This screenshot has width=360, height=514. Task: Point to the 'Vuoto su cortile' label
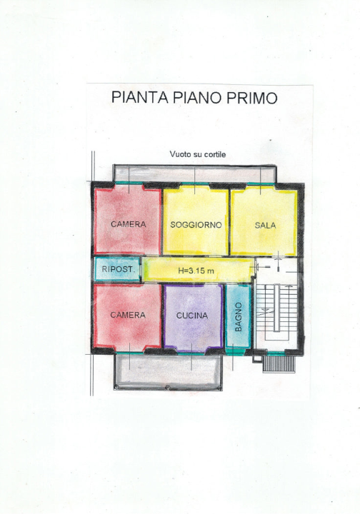click(198, 153)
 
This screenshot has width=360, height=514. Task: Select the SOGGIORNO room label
click(196, 224)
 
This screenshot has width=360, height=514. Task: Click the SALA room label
click(265, 224)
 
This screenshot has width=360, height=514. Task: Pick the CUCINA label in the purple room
click(192, 315)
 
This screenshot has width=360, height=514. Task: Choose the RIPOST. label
click(116, 269)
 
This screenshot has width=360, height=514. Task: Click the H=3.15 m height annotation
click(197, 270)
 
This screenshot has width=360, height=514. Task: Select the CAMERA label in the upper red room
click(128, 224)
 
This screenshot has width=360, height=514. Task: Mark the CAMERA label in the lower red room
click(128, 315)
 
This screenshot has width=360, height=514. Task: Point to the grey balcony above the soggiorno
click(193, 173)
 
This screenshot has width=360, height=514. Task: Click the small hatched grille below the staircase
click(279, 363)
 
